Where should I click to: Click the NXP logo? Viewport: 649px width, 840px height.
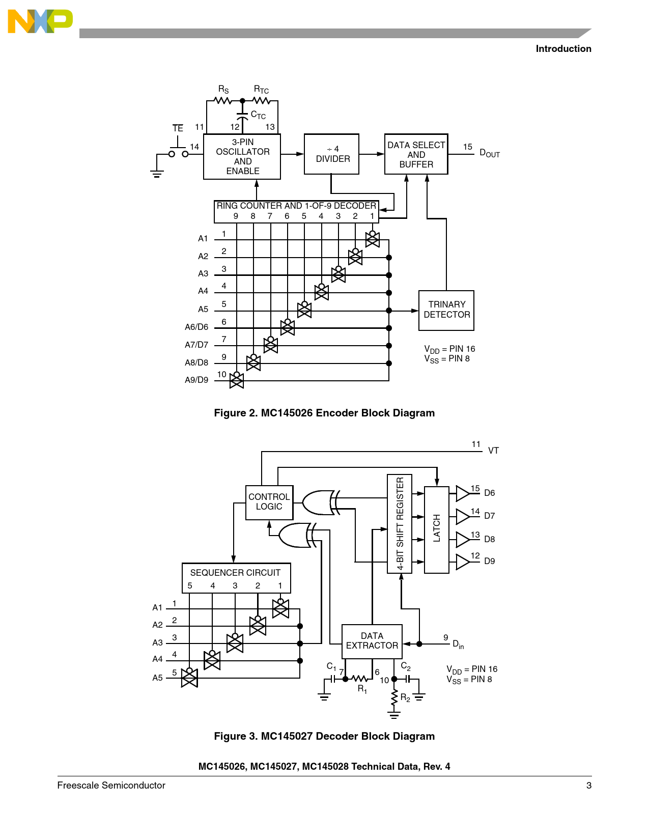click(40, 21)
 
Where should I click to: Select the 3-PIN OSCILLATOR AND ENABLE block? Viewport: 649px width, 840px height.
click(242, 156)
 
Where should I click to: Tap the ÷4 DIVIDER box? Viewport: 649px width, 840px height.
click(332, 154)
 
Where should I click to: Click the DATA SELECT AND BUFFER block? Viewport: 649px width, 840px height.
click(416, 154)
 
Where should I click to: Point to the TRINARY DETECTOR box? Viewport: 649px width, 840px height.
click(446, 310)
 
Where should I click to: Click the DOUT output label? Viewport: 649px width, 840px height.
click(489, 153)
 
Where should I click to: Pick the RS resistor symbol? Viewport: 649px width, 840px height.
click(223, 101)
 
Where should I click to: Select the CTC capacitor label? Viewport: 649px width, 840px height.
click(258, 115)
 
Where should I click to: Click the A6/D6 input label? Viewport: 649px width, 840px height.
click(196, 327)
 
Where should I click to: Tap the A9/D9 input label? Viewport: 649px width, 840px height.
click(196, 380)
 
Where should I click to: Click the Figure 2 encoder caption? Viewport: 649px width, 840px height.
click(324, 413)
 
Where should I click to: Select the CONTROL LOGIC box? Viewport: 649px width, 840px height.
click(269, 502)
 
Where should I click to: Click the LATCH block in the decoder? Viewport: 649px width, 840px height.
click(437, 529)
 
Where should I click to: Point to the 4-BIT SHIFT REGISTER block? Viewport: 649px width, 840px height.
click(400, 523)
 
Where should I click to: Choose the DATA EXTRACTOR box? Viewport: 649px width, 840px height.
click(372, 641)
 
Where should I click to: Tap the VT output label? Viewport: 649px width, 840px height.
click(493, 451)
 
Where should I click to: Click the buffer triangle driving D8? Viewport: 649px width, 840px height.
click(462, 539)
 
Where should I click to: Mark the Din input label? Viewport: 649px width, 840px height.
click(458, 645)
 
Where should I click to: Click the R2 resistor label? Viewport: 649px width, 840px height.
click(405, 697)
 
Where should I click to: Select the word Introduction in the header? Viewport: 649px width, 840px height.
click(563, 49)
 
